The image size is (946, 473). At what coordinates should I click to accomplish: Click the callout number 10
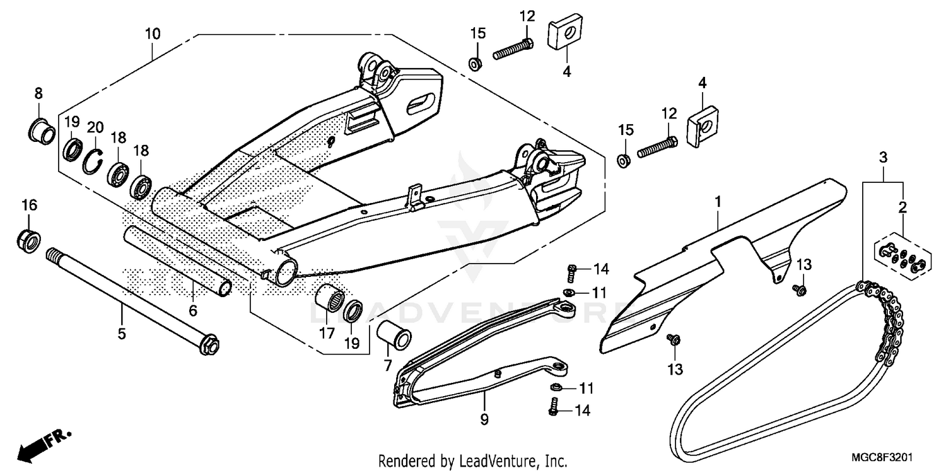pos(153,33)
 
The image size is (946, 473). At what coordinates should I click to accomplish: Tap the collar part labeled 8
pos(40,131)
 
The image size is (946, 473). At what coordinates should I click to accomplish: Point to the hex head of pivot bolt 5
pos(209,346)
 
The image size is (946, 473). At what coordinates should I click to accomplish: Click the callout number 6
pos(193,310)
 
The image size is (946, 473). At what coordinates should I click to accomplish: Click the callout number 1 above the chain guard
pos(718,202)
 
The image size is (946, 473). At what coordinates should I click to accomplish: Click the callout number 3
pos(884,156)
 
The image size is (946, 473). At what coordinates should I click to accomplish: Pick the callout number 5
pos(122,334)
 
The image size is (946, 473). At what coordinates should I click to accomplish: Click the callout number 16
pos(30,205)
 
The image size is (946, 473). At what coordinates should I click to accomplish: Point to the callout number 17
pos(326,334)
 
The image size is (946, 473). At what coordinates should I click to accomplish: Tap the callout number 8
pos(38,93)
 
